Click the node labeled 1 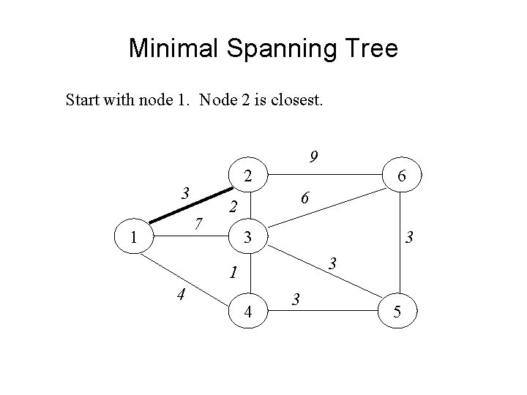[133, 238]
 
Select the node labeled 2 [248, 176]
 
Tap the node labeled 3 [248, 238]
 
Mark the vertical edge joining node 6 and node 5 [402, 241]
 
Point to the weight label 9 [313, 156]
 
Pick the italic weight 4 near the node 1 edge [179, 296]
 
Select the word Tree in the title [365, 49]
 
